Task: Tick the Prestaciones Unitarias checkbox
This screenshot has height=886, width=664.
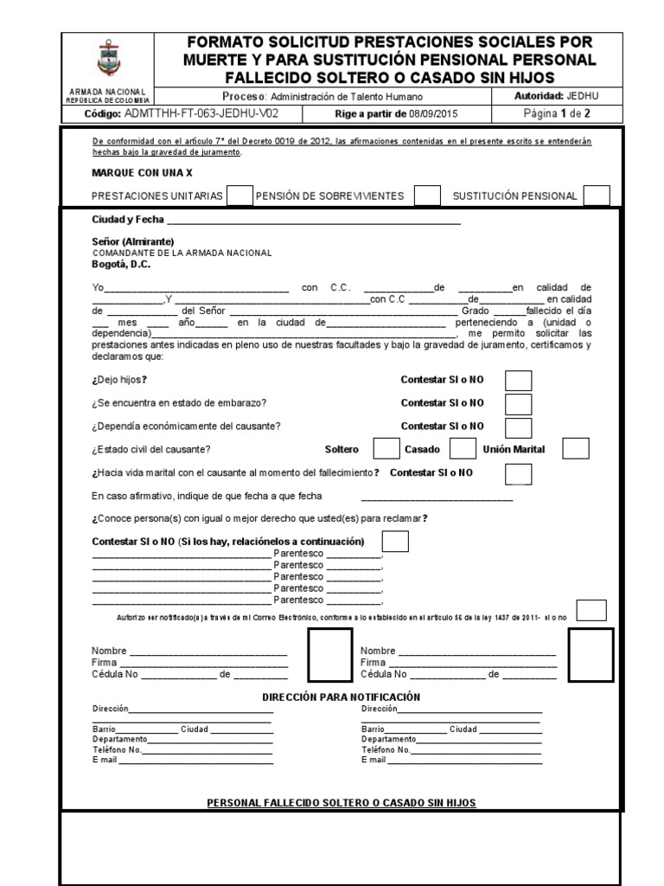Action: tap(240, 196)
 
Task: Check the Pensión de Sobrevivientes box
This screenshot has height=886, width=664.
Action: tap(427, 196)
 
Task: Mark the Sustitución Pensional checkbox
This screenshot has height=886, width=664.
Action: tap(597, 196)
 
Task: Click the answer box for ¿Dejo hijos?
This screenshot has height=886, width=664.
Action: tap(519, 381)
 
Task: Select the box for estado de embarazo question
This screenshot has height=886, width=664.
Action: tap(519, 404)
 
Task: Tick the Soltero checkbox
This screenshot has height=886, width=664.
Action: tap(386, 449)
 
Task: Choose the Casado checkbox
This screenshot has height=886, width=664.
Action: tap(463, 449)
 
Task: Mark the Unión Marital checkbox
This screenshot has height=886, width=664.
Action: tap(576, 449)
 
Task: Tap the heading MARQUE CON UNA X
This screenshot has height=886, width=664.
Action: tap(143, 173)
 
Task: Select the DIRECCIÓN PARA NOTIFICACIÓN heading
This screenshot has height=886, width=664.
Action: tap(341, 697)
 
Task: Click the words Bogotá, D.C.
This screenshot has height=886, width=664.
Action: tap(121, 265)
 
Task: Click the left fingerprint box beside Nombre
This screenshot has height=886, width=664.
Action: tap(330, 654)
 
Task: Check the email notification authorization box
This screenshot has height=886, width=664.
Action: tap(591, 610)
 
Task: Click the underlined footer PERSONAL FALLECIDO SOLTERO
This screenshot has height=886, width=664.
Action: tap(342, 803)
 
